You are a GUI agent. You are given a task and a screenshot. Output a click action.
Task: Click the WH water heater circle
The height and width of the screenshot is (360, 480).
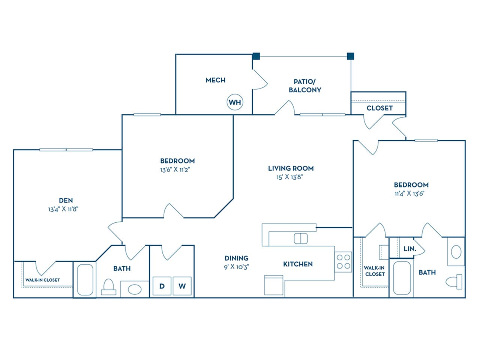point(235,102)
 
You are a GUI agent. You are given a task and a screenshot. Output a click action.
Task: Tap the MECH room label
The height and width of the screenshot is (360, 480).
point(215,80)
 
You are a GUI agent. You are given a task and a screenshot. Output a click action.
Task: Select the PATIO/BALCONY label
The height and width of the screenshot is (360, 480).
point(305,85)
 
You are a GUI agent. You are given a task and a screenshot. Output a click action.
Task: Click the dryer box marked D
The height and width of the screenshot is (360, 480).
point(162,286)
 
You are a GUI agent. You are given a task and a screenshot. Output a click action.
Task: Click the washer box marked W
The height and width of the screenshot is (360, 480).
point(182,286)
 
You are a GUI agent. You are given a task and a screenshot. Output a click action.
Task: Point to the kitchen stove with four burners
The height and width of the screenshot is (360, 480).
point(343,262)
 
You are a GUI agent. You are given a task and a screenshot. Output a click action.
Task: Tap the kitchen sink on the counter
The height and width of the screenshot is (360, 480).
point(301,238)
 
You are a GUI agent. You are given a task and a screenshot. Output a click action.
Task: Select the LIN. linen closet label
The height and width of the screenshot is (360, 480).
point(409,249)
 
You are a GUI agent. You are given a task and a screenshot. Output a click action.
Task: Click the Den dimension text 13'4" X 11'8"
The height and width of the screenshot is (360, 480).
point(63,209)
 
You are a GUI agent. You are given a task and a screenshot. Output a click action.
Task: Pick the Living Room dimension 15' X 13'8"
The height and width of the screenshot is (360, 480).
point(289,177)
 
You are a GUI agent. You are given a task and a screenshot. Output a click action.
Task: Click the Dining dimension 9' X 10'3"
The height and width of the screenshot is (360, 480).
point(237,267)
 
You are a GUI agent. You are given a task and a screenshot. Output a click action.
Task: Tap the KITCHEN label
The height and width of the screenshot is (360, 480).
point(298,264)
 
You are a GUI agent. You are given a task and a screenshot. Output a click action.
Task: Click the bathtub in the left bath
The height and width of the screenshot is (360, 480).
point(85,280)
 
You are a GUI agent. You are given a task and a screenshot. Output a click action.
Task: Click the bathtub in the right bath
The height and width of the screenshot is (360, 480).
point(402,278)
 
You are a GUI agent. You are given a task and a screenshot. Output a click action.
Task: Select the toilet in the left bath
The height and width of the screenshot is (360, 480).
point(109,286)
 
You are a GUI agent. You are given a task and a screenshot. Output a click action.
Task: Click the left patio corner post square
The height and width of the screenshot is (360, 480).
point(256,56)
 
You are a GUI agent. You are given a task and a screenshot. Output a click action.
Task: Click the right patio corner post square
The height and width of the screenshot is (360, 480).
point(351,56)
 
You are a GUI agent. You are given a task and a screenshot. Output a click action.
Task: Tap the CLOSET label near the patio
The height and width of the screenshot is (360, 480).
point(379,108)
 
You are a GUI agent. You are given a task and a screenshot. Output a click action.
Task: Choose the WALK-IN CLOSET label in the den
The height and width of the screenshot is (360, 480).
point(42,280)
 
